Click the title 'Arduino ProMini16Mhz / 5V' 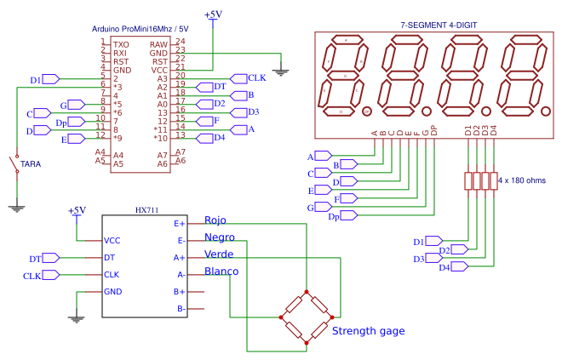140,29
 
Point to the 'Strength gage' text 368,331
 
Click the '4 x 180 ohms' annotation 521,180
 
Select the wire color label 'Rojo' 215,220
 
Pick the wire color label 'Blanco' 221,272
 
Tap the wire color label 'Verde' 219,254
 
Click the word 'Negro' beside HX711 220,237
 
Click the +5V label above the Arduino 213,14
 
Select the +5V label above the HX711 77,210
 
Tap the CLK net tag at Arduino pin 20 255,77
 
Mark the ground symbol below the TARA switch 15,206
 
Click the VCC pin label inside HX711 112,241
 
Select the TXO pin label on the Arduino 121,43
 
